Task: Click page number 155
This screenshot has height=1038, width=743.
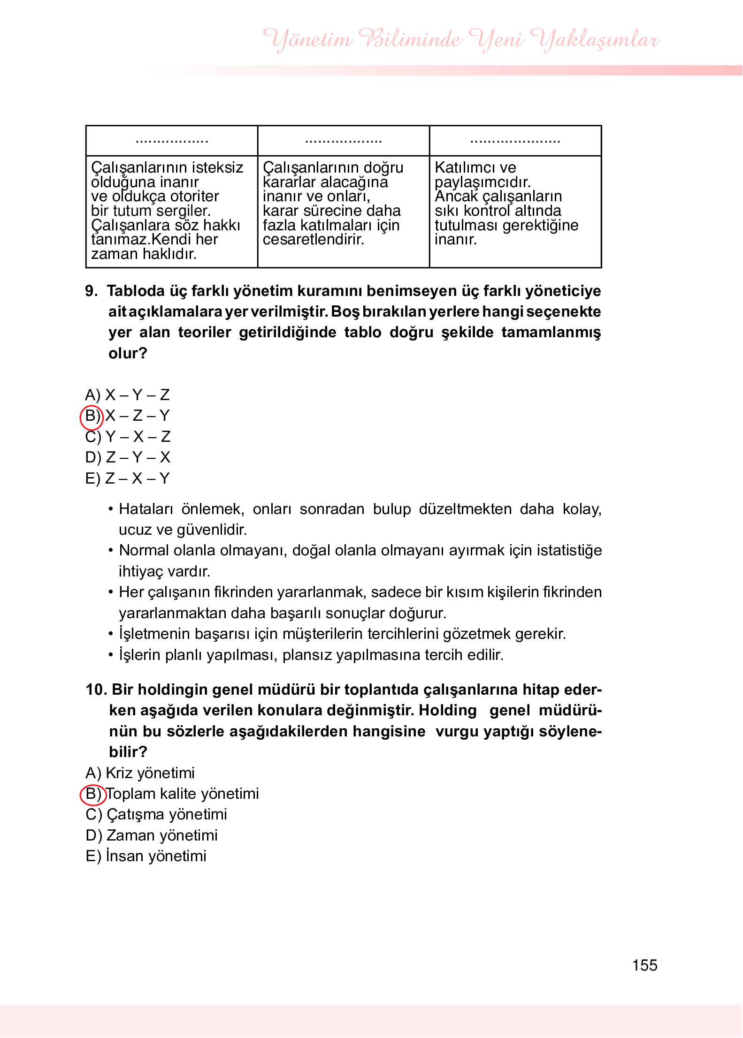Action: click(644, 965)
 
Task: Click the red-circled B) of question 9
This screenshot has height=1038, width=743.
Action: click(92, 416)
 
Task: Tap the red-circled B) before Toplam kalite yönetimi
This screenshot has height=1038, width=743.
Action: click(92, 794)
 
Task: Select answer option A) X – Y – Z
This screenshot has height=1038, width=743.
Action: click(127, 395)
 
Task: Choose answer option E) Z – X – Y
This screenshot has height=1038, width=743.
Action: click(127, 478)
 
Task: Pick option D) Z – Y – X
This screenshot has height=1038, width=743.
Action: click(128, 457)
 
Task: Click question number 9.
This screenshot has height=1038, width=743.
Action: click(92, 291)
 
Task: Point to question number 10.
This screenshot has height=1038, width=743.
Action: click(97, 689)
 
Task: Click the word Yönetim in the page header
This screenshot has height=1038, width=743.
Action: click(307, 39)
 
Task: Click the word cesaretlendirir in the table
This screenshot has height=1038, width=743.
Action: click(313, 240)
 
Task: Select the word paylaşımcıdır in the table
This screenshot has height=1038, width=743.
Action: click(482, 182)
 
